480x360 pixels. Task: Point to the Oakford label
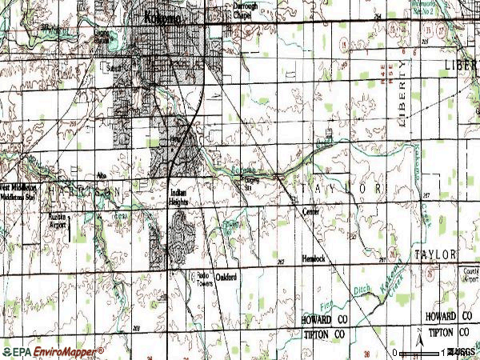(226, 277)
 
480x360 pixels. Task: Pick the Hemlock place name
(314, 259)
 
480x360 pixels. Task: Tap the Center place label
(311, 212)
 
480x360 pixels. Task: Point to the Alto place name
(101, 174)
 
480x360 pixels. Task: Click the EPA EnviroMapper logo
(53, 351)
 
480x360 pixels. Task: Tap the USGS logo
(462, 352)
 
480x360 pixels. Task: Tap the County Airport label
(470, 276)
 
